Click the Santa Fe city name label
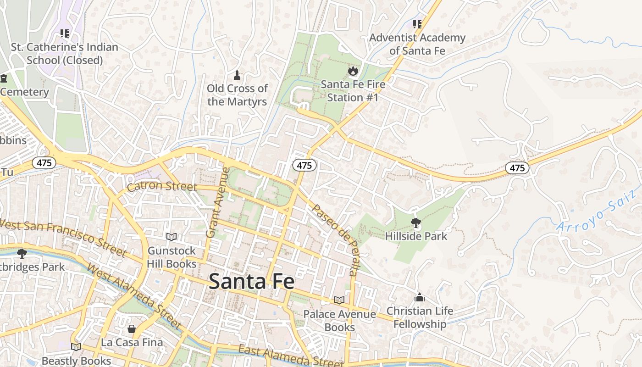251,281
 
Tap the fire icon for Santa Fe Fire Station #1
353,71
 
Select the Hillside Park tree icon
416,223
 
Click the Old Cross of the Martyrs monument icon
237,75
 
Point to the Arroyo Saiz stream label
598,211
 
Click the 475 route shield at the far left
44,163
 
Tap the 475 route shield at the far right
517,168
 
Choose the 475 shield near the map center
304,166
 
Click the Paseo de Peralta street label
334,239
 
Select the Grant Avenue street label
217,202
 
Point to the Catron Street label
162,187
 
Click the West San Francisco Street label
63,238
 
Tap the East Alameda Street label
290,356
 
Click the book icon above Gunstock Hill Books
172,237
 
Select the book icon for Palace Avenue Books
339,300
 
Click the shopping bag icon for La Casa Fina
132,329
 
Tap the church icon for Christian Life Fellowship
420,297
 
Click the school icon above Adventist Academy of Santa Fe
417,24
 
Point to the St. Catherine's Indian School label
65,53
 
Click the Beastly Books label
76,361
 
